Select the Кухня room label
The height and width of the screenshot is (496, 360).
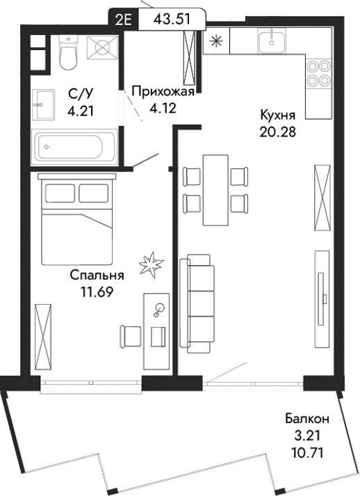(278, 115)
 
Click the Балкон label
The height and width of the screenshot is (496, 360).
(306, 419)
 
